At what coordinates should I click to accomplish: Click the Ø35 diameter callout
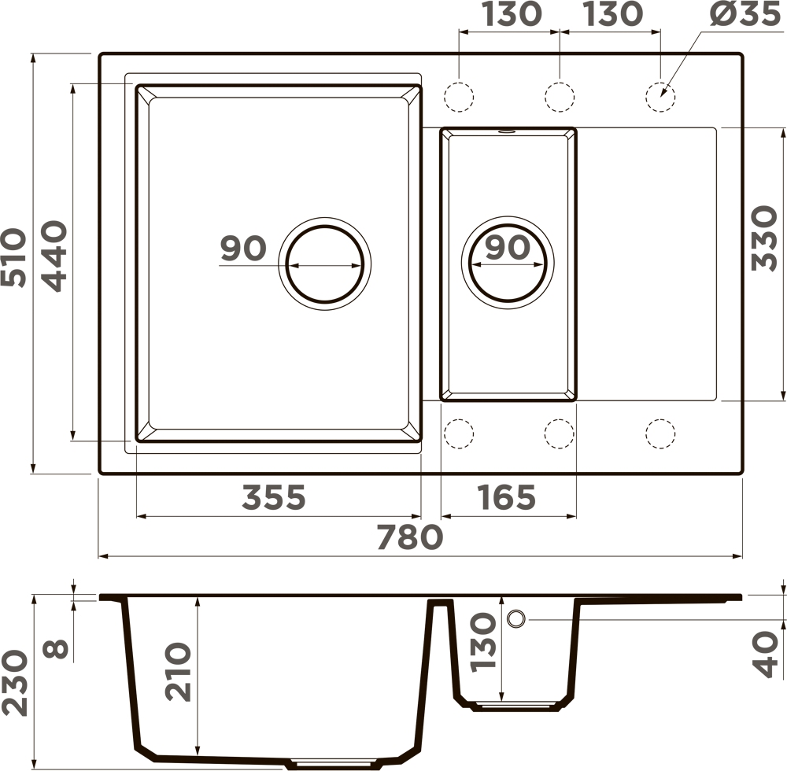point(745,13)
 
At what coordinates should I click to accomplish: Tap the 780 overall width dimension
point(410,537)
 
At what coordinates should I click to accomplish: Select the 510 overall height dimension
point(13,258)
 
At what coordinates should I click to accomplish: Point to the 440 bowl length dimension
point(54,256)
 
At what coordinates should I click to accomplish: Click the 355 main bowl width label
point(274,497)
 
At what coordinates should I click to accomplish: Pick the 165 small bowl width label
point(507,497)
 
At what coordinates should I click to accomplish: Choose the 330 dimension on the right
point(764,238)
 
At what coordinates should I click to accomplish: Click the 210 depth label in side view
point(179,672)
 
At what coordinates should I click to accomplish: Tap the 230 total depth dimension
point(14,683)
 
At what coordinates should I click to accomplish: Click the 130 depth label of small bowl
point(483,641)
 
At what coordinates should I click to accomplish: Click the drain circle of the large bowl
point(325,264)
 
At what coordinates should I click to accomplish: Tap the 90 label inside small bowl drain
point(508,247)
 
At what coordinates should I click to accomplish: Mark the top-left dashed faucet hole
point(459,96)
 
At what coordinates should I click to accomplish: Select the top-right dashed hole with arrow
point(660,96)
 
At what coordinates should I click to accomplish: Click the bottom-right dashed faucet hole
point(660,433)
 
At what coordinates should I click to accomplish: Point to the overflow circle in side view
point(516,619)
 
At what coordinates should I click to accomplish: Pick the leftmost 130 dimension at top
point(513,13)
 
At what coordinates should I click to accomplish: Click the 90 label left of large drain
point(243,249)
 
